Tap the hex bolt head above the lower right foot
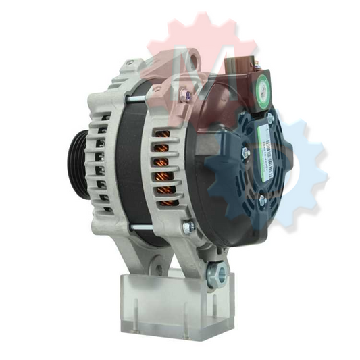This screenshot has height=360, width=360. [188, 228]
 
